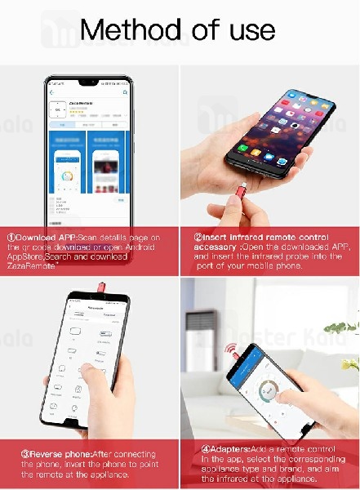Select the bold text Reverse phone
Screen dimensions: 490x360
click(46, 451)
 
